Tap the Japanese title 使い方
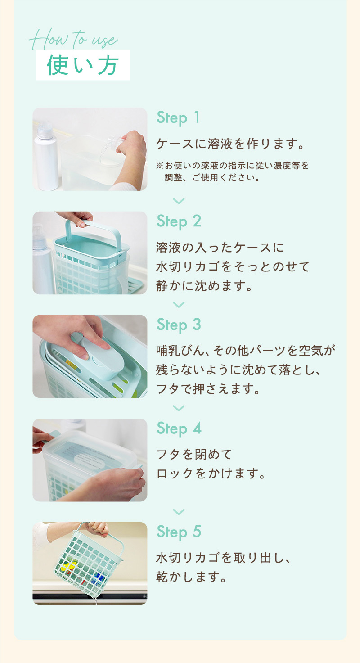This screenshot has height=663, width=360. coord(83,66)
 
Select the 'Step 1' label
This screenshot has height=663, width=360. coord(178,118)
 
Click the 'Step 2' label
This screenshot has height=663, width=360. coord(179,221)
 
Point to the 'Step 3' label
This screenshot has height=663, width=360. coord(179,325)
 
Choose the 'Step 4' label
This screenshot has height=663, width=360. coord(179,428)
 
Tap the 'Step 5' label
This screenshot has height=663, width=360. coord(179,532)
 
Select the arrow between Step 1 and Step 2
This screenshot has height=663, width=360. coord(179,201)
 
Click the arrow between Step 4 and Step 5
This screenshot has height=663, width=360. coord(179,512)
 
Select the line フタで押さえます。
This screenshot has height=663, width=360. coord(208,389)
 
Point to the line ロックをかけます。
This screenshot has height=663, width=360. coord(210,474)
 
